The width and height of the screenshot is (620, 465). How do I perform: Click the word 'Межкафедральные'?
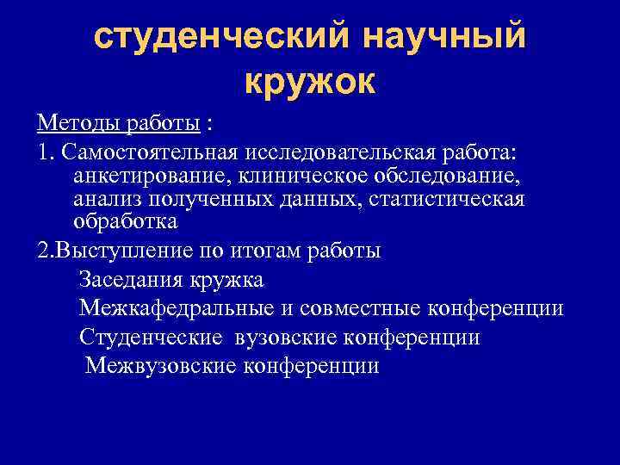pos(171,308)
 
